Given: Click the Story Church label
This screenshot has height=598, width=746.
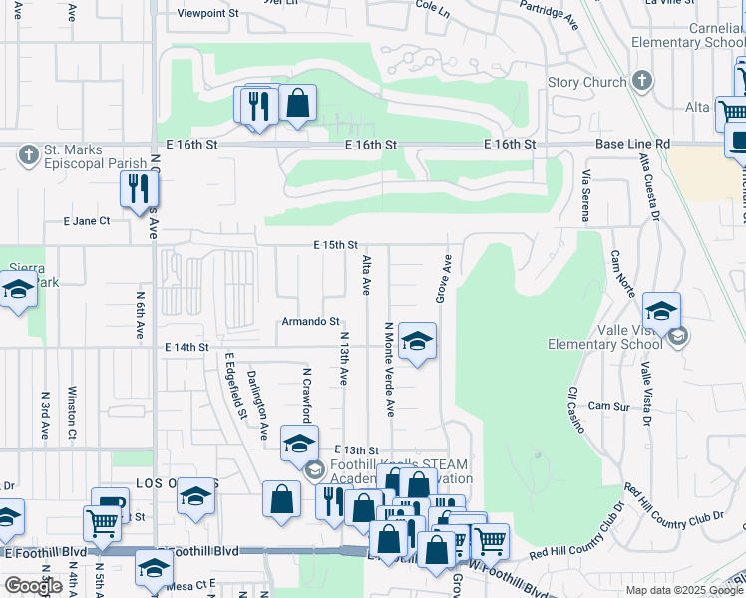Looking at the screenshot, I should (587, 82).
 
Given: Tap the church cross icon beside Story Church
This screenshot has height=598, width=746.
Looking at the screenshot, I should (643, 81).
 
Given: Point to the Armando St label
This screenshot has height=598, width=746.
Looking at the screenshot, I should (310, 321).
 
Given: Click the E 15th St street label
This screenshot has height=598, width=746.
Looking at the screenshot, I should (335, 244).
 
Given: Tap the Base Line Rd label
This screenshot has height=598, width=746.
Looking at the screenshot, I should (632, 145).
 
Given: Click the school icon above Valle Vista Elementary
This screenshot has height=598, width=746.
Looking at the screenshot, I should (661, 310).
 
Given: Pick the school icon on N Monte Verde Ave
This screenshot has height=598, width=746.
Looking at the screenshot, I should (417, 342).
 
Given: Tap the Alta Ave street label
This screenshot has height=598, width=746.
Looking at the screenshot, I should (366, 274).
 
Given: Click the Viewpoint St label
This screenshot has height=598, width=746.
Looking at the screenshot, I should (208, 13).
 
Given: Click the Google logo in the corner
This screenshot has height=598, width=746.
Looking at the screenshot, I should (33, 586).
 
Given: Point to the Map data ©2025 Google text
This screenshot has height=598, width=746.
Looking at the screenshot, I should (683, 590).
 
